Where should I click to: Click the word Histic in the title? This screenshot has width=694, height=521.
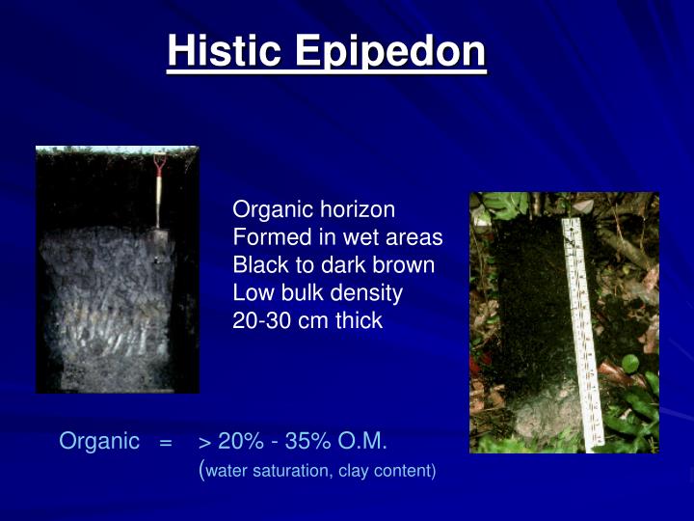click(x=226, y=51)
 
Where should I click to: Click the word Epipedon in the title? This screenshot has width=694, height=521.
click(x=390, y=53)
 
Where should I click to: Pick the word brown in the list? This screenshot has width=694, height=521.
click(x=405, y=265)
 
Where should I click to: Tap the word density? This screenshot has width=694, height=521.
click(x=367, y=293)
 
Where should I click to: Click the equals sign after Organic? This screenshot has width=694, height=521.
click(x=166, y=443)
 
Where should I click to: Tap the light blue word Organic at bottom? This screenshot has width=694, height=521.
click(x=99, y=442)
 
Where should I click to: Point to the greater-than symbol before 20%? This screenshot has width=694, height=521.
click(x=204, y=443)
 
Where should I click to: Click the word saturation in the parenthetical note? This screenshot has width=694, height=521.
click(x=289, y=472)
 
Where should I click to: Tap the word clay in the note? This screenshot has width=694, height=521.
click(x=353, y=472)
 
